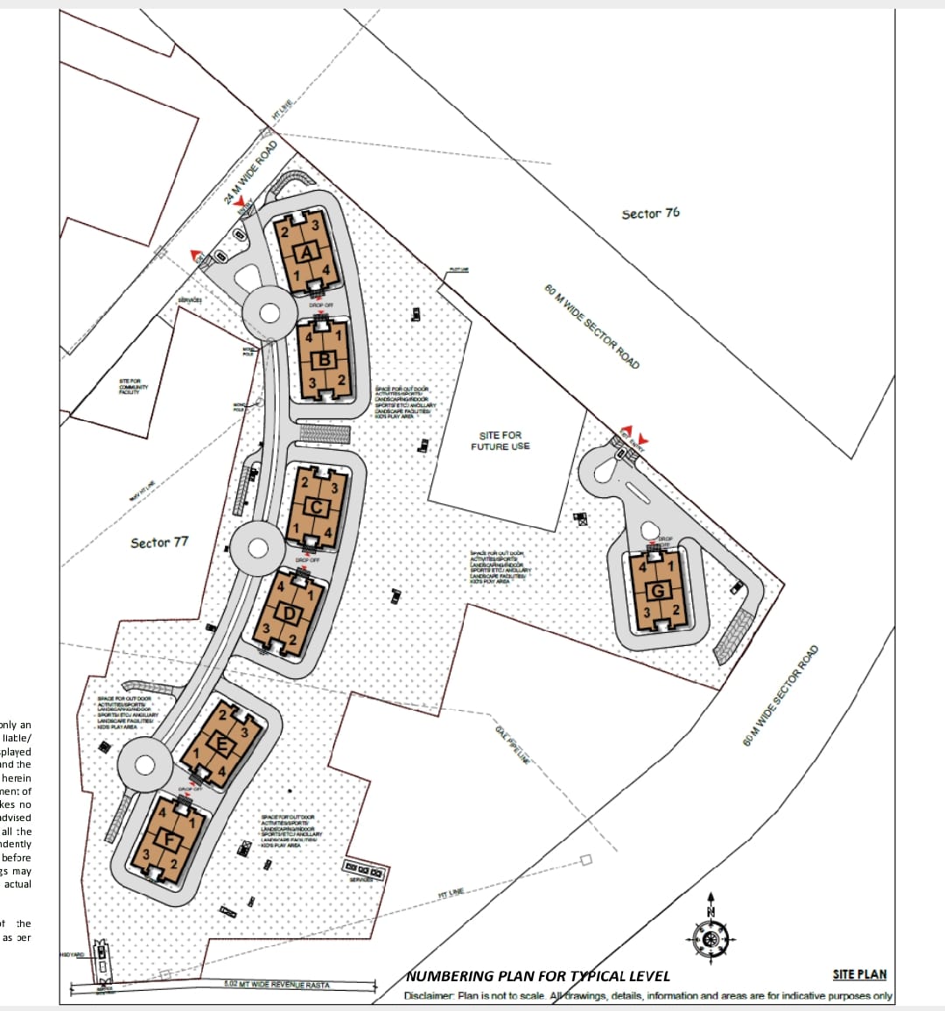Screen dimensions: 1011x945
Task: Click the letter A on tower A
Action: coord(306,254)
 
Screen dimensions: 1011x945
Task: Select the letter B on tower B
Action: coord(325,359)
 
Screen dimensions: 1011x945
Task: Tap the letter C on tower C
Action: coord(317,508)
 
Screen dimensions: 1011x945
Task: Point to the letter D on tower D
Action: coord(290,614)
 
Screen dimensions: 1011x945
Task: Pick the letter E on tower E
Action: coord(221,747)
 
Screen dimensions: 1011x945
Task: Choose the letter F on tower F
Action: coord(173,842)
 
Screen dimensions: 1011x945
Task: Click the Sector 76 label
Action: coord(650,214)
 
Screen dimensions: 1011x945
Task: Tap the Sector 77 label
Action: coord(159,543)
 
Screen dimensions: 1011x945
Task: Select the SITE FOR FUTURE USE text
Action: coord(500,441)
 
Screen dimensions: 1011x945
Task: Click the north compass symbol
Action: coord(710,937)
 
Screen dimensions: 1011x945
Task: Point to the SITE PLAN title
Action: coord(859,974)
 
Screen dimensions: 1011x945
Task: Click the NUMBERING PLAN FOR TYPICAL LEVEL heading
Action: coord(538,976)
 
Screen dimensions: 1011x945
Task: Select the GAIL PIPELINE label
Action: coord(513,744)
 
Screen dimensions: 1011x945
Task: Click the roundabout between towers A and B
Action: coord(266,311)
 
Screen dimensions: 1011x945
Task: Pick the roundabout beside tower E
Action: coord(143,764)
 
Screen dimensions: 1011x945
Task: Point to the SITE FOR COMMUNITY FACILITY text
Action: coord(133,387)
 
